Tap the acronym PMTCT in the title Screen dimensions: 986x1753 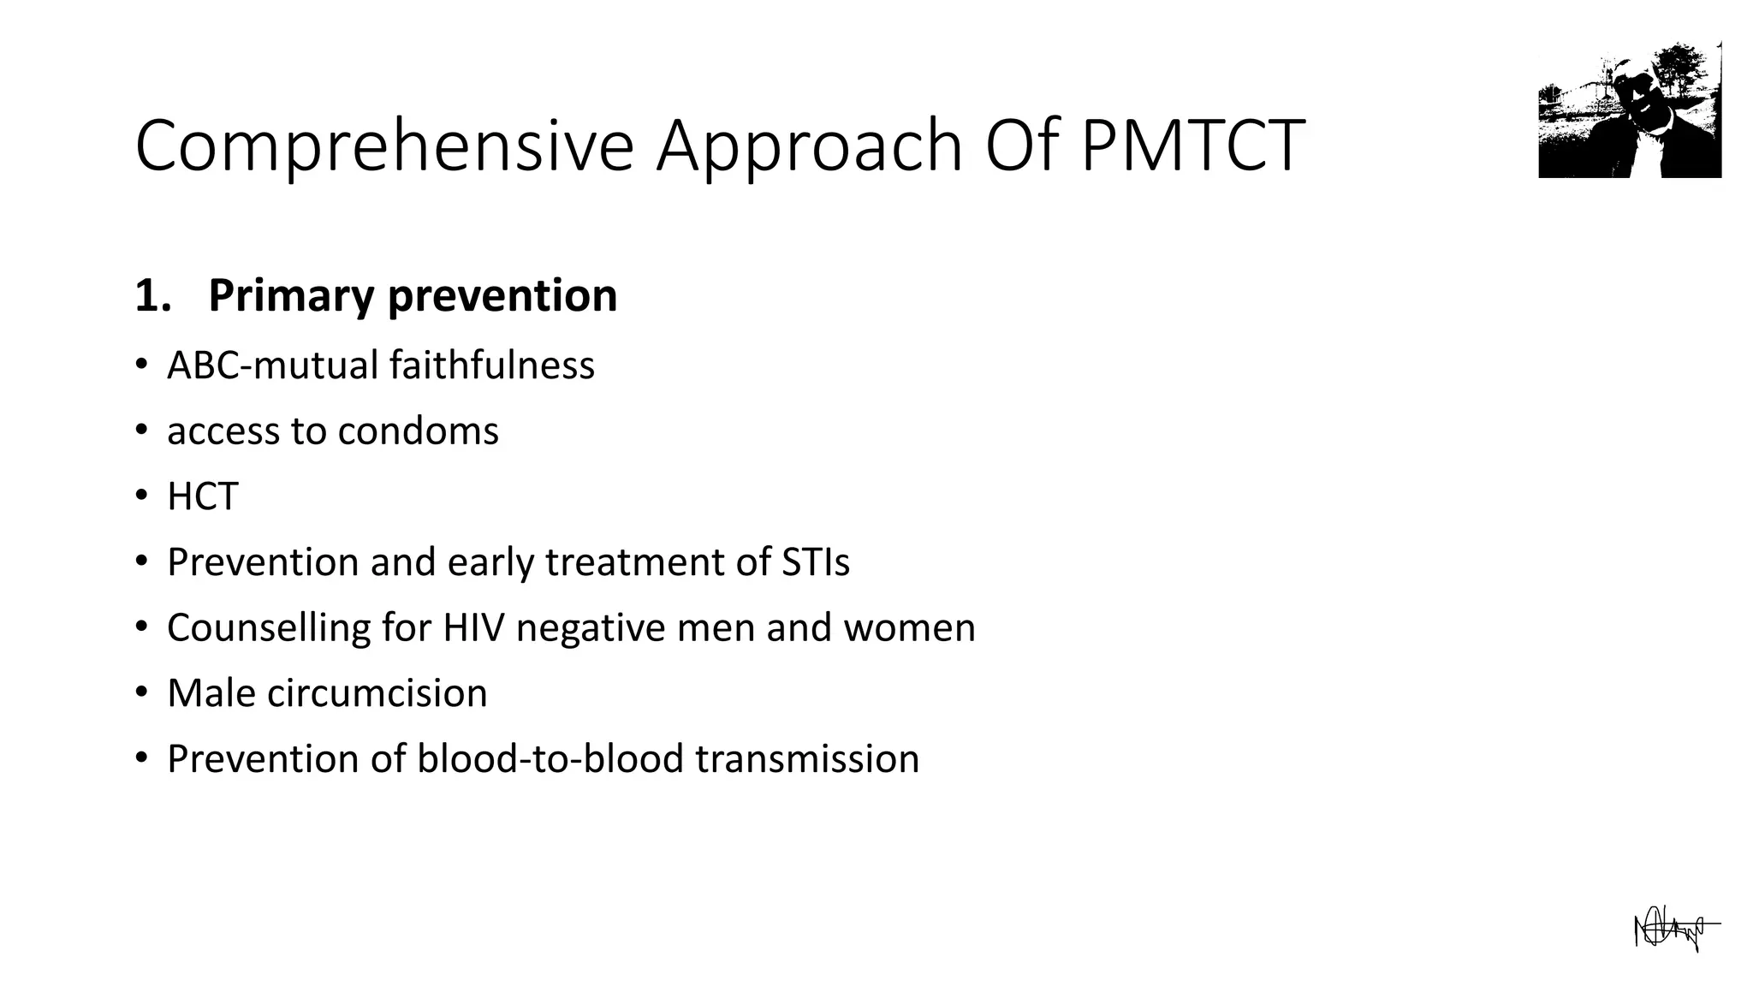coord(1192,146)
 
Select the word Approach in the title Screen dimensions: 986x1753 coord(809,147)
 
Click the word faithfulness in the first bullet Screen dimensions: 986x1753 coord(491,365)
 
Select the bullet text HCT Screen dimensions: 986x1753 coord(202,497)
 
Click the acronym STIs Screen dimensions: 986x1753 coord(815,562)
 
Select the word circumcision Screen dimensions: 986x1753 coord(377,693)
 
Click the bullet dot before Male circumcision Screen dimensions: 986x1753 coord(141,692)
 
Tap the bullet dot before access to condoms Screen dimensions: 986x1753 coord(141,429)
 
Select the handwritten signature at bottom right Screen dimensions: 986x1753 coord(1673,930)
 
